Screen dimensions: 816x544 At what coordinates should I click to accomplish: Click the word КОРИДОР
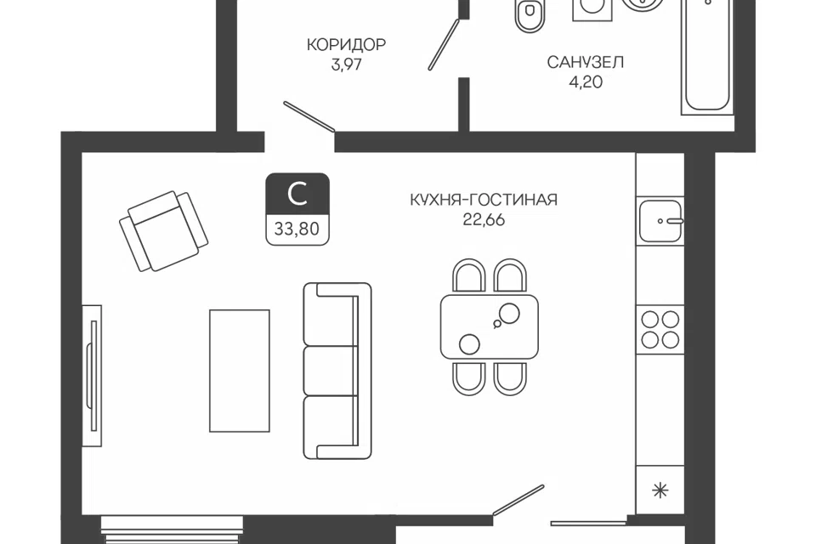[346, 45]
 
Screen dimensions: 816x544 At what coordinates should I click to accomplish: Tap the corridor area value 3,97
[346, 65]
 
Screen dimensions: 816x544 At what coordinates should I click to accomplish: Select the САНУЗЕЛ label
[585, 62]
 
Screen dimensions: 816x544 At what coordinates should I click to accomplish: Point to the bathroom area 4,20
[586, 82]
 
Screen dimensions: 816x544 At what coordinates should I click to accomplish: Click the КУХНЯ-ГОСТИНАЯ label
[484, 200]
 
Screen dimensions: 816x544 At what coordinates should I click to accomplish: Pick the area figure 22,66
[484, 219]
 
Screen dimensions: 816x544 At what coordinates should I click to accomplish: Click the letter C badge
[297, 194]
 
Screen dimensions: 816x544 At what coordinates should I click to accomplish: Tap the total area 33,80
[297, 229]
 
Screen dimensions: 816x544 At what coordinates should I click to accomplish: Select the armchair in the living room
[163, 230]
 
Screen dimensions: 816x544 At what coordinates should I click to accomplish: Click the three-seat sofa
[337, 371]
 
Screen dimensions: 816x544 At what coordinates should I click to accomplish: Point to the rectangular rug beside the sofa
[240, 371]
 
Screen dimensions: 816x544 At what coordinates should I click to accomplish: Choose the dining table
[490, 326]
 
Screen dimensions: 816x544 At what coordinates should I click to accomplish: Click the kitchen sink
[660, 221]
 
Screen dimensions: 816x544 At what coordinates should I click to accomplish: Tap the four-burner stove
[660, 330]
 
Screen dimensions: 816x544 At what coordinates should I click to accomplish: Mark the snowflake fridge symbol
[660, 490]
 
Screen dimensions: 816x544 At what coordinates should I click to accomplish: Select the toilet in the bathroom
[530, 15]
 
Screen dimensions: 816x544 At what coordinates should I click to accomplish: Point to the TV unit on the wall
[93, 376]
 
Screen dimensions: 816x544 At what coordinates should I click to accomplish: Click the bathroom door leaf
[444, 45]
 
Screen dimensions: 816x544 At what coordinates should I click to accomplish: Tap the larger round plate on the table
[509, 314]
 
